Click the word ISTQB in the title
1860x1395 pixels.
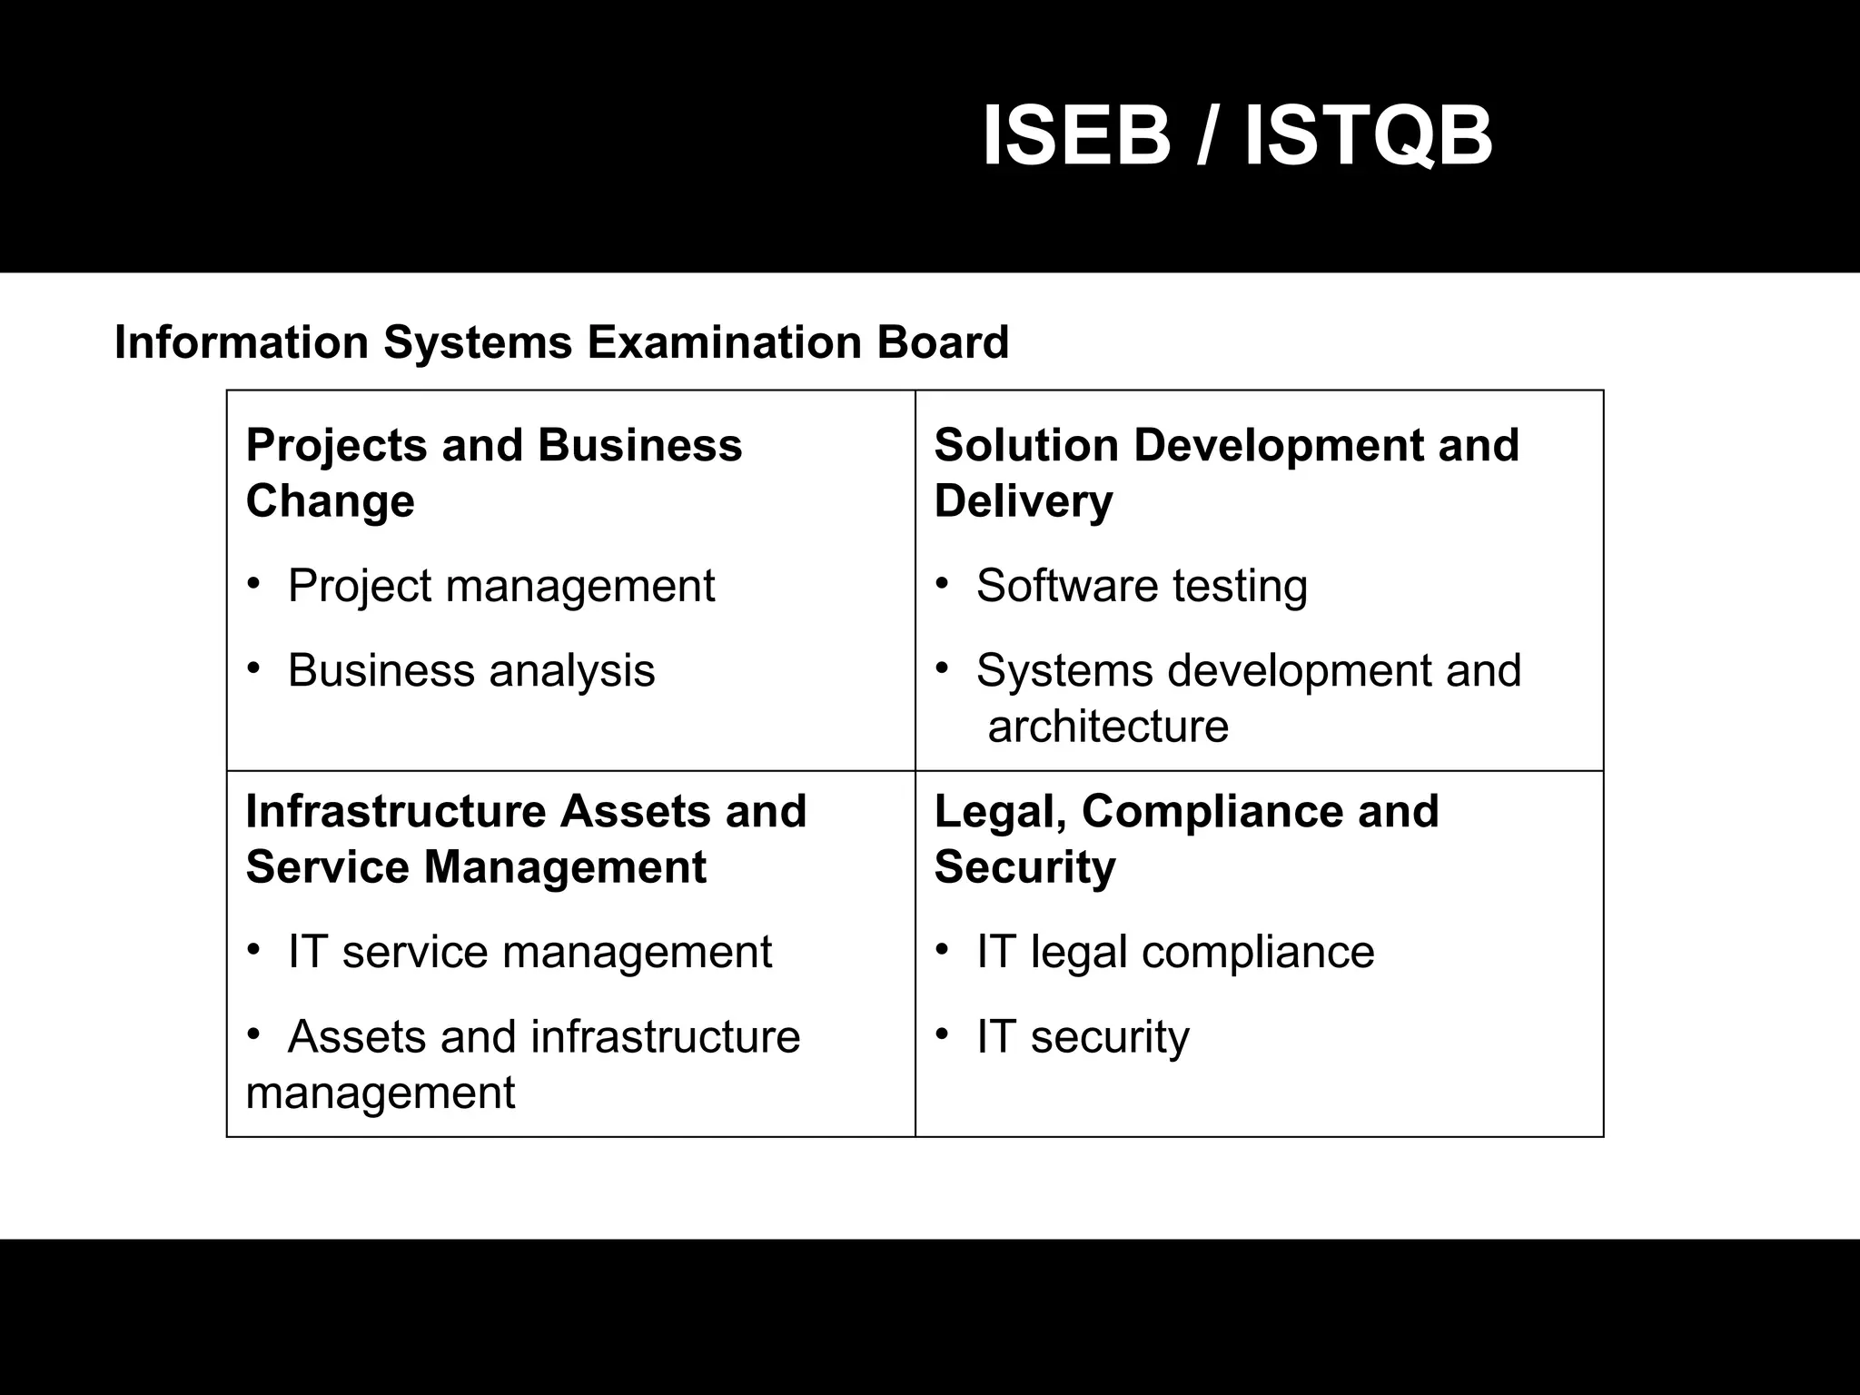click(x=1368, y=136)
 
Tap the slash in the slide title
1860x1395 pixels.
click(x=1206, y=136)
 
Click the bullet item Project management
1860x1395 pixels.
click(x=501, y=586)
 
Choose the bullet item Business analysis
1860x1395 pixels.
click(x=471, y=671)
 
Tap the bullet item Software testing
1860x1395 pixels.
click(x=1142, y=586)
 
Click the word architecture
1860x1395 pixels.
click(x=1108, y=727)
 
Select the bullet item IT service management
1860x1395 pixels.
click(x=529, y=953)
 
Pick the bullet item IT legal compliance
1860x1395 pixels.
click(x=1175, y=953)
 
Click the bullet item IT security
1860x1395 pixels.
click(x=1083, y=1037)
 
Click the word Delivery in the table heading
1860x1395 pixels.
click(x=1023, y=501)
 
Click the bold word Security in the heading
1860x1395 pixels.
click(x=1024, y=867)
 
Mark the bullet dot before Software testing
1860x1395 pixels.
click(x=943, y=583)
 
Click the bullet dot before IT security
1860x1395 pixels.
click(x=943, y=1034)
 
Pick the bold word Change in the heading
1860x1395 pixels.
click(x=330, y=501)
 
